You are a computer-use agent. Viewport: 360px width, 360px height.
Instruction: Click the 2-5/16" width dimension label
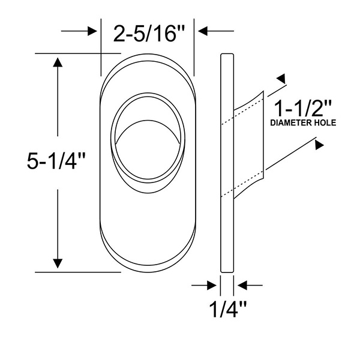[x=149, y=34]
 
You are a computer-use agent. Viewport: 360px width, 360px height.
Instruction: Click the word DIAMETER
[x=288, y=123]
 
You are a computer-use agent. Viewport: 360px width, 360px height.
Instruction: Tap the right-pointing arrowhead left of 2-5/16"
[x=92, y=31]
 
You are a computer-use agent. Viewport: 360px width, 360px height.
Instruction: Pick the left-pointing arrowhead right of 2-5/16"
[x=203, y=31]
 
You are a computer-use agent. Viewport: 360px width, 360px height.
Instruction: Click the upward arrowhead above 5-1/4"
[x=58, y=62]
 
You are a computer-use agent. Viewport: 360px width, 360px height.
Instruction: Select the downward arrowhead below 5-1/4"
[x=58, y=263]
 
